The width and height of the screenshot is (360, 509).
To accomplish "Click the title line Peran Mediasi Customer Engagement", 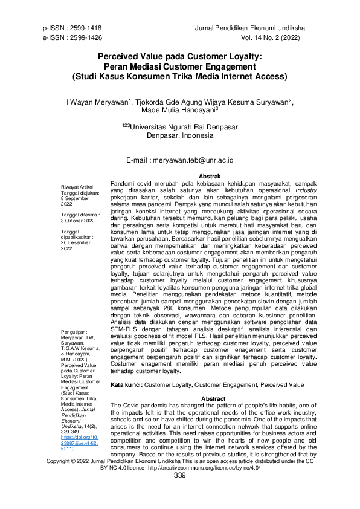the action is click(x=179, y=67).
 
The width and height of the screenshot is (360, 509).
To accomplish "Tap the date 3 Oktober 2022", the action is click(x=83, y=221).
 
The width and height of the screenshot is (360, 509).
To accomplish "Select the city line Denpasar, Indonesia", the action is click(x=180, y=136).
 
